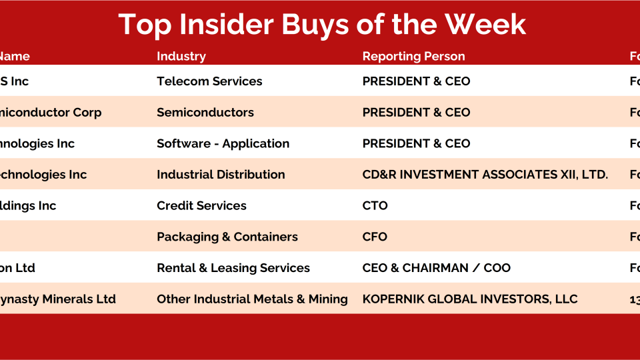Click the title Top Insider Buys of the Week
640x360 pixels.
pyautogui.click(x=322, y=25)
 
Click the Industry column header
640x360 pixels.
pyautogui.click(x=181, y=57)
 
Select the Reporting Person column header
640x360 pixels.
pyautogui.click(x=413, y=57)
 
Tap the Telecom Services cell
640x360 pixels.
pyautogui.click(x=209, y=81)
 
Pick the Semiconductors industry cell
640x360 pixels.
pyautogui.click(x=205, y=113)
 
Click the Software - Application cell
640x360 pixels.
pyautogui.click(x=223, y=143)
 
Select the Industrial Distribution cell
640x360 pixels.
pyautogui.click(x=221, y=175)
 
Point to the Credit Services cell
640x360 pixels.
pyautogui.click(x=201, y=206)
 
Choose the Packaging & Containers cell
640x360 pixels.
pyautogui.click(x=227, y=237)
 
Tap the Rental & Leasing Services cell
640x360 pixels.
pyautogui.click(x=233, y=268)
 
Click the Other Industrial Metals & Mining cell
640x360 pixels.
pyautogui.click(x=252, y=299)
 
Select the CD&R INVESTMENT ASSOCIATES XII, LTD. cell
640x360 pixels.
pyautogui.click(x=485, y=175)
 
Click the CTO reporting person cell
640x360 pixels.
pyautogui.click(x=375, y=206)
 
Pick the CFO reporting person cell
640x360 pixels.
pyautogui.click(x=375, y=237)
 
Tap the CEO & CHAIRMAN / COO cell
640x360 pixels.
pyautogui.click(x=436, y=268)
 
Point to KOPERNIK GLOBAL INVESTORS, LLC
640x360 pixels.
pyautogui.click(x=469, y=299)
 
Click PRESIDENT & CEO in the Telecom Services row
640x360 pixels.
pyautogui.click(x=416, y=81)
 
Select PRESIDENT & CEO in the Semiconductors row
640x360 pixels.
pyautogui.click(x=416, y=113)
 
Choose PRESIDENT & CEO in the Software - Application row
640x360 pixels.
pyautogui.click(x=416, y=143)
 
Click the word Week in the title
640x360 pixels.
pyautogui.click(x=485, y=25)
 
